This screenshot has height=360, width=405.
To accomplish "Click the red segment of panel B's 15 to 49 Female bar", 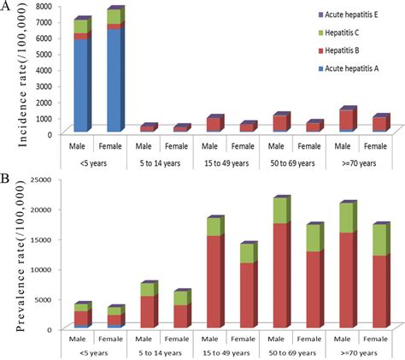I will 247,294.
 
